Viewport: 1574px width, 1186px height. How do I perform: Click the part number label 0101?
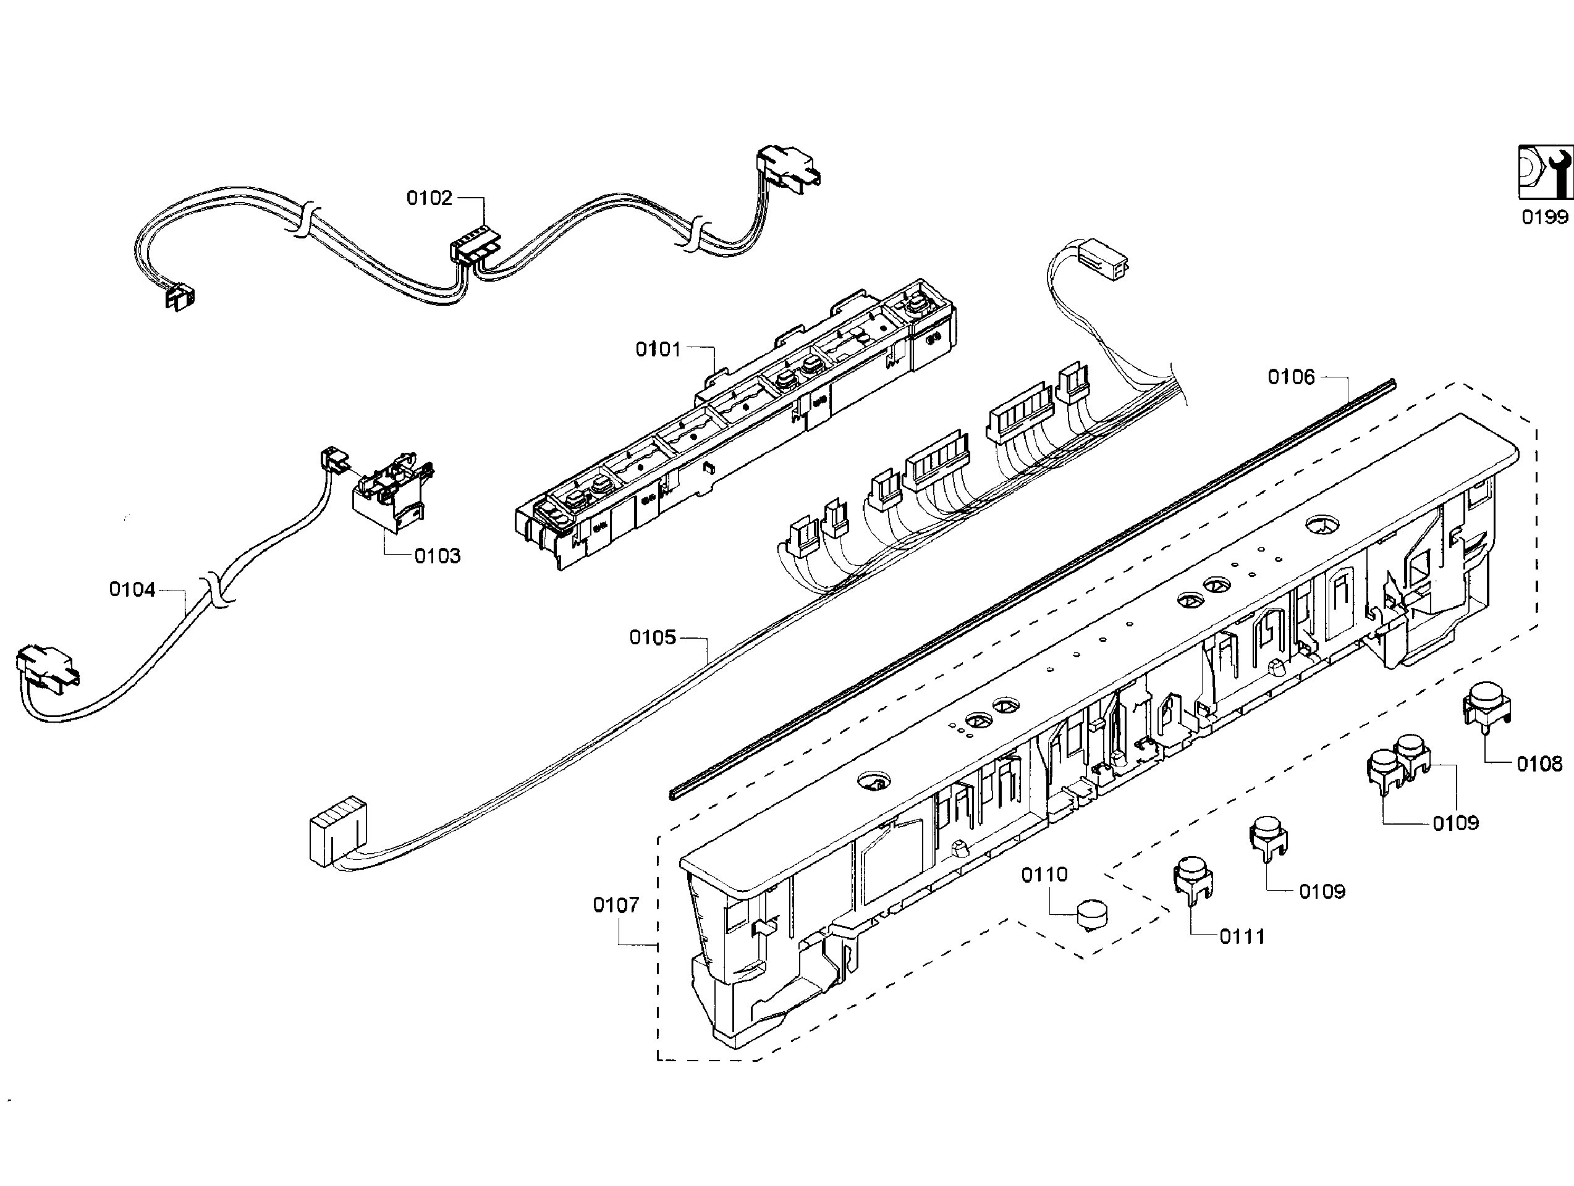658,350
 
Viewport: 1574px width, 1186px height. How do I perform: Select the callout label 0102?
429,198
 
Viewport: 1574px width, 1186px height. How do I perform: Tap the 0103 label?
437,556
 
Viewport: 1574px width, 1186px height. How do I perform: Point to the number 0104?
132,589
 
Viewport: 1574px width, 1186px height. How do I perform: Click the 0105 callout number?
652,637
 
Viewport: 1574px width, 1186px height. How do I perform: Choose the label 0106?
1291,377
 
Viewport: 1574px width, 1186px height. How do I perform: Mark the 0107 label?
616,905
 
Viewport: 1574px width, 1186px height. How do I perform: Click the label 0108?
1539,764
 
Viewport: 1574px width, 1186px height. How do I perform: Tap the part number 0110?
1044,875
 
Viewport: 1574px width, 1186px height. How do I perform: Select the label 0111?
1242,936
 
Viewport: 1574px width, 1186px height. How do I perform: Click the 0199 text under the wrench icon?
1544,217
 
